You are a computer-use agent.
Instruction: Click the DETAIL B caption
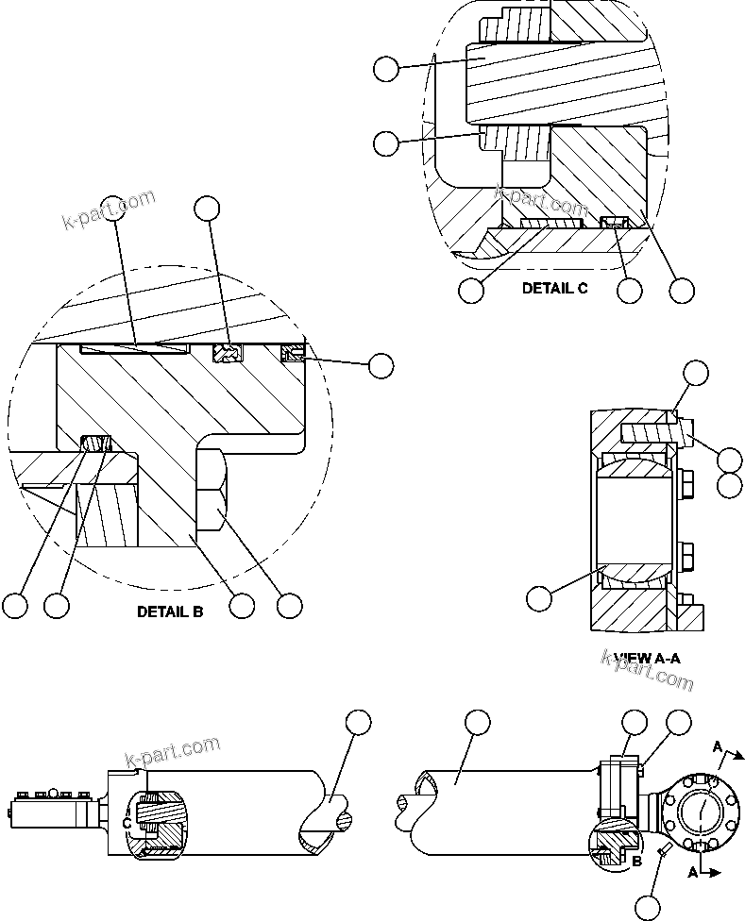pos(170,611)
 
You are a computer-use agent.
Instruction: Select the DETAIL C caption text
pos(554,289)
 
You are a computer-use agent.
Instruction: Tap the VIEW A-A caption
pos(647,657)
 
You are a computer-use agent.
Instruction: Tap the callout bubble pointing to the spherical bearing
pos(538,597)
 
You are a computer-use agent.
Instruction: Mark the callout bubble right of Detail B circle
pos(381,366)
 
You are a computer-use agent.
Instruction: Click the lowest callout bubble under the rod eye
pos(648,908)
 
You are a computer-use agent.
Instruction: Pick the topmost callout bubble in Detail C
pos(386,68)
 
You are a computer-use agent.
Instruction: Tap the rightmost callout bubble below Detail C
pos(682,290)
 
